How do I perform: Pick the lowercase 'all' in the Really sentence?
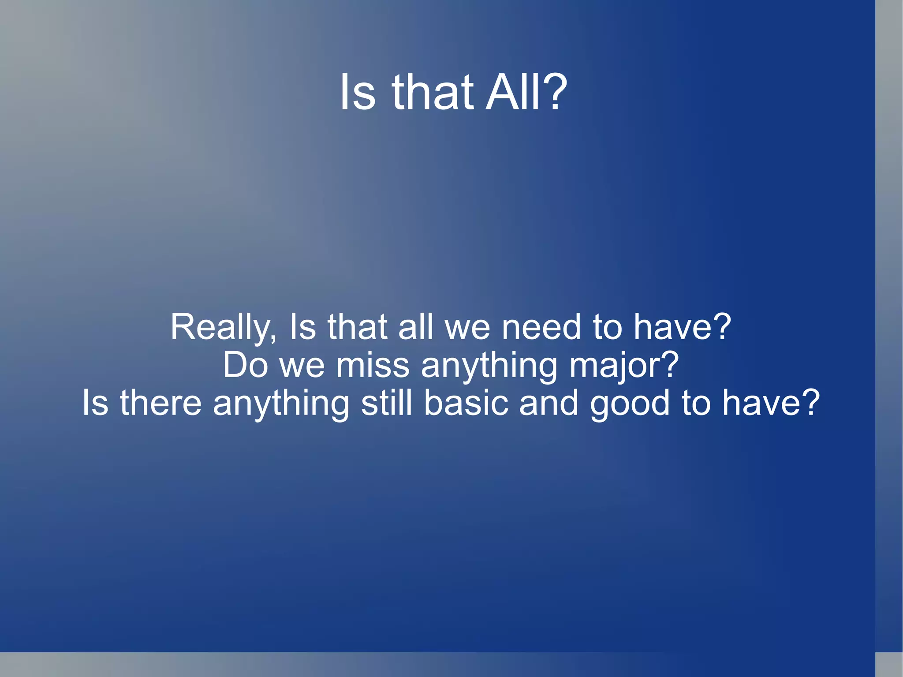(x=415, y=327)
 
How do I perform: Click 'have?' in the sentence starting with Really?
(x=683, y=327)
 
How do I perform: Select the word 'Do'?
(x=245, y=365)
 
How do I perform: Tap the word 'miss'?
(x=373, y=365)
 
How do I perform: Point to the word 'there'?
(x=160, y=403)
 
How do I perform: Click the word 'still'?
(x=387, y=403)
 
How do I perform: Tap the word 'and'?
(x=549, y=403)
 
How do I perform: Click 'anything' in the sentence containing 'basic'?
(x=281, y=404)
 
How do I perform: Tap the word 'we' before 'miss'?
(x=302, y=366)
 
